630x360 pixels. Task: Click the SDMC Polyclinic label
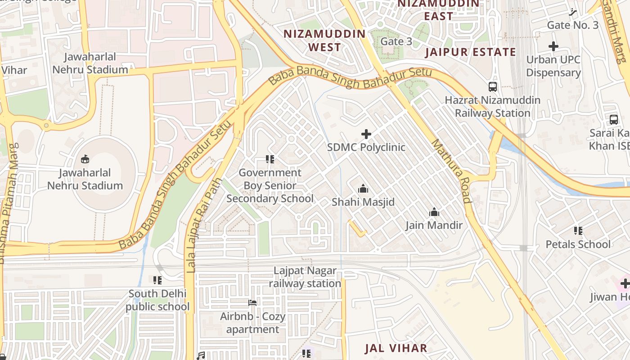pos(366,147)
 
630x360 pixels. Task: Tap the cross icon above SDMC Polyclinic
pos(366,134)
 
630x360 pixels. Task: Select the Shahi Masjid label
pos(363,202)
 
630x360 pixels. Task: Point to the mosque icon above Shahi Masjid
pos(363,189)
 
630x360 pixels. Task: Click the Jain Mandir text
pos(434,225)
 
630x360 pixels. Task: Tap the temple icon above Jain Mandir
pos(434,212)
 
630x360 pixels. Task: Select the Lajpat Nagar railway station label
pos(305,277)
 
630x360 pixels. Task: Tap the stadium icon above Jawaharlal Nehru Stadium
pos(85,159)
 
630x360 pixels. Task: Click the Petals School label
pos(578,244)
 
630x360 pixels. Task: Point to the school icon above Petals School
pos(578,231)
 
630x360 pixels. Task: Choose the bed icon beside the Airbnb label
pos(252,303)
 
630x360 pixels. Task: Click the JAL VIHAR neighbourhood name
pos(396,348)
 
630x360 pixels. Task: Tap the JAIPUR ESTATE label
pos(471,52)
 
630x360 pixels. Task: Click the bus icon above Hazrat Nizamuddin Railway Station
pos(493,87)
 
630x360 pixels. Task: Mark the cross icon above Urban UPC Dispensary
pos(553,46)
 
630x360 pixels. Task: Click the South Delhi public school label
pos(157,300)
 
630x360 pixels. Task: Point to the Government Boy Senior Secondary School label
pos(270,185)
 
